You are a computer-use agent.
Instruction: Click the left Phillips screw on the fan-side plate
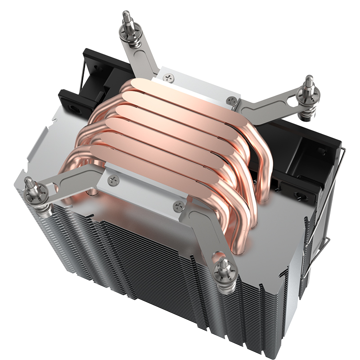[x=170, y=77]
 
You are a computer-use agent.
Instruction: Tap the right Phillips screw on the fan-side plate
[x=232, y=100]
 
